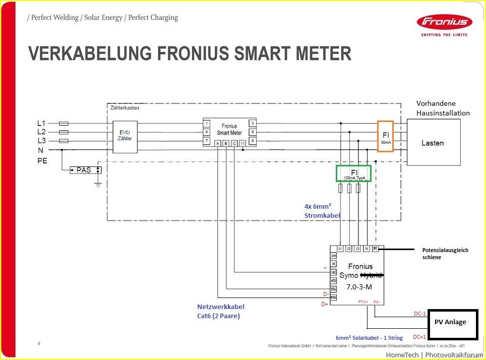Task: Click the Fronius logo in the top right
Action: point(444,23)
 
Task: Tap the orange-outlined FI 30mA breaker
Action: point(386,136)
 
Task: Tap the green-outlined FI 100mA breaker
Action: point(353,173)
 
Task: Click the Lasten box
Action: point(433,143)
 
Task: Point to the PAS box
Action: point(84,170)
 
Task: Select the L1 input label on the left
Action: point(41,123)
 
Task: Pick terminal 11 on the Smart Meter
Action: point(242,144)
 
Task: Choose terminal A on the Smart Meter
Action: point(218,144)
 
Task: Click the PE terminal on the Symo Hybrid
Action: point(375,249)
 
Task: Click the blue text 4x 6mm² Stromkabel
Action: point(322,211)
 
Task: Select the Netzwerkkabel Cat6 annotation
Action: point(220,311)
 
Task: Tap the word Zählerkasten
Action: point(124,107)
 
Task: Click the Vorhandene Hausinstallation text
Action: point(443,108)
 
